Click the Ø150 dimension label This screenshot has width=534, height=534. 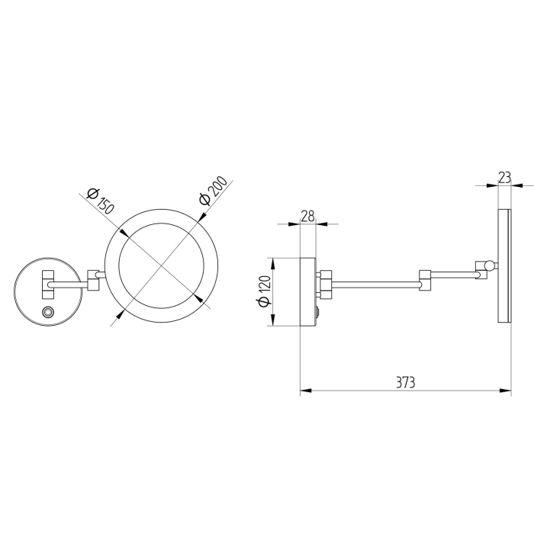[x=101, y=200]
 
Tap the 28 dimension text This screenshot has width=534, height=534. [x=307, y=217]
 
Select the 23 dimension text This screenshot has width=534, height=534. [x=504, y=177]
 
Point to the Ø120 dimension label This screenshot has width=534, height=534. [x=265, y=292]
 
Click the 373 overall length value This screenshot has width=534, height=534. [x=405, y=381]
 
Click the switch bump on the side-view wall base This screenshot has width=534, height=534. [x=318, y=311]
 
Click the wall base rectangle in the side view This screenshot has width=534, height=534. [x=307, y=292]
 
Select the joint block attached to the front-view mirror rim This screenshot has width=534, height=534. [x=95, y=280]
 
